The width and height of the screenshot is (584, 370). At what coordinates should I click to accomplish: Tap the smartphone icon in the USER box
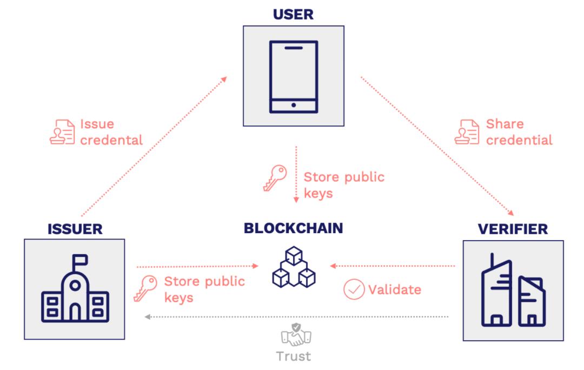click(294, 76)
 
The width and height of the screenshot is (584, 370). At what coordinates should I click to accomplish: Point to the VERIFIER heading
click(513, 229)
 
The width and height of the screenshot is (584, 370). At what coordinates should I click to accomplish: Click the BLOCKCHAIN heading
click(293, 228)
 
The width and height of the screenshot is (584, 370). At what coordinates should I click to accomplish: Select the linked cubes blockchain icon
click(293, 268)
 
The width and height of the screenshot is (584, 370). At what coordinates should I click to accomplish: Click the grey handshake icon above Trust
click(294, 334)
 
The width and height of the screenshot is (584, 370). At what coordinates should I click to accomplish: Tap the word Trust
click(294, 356)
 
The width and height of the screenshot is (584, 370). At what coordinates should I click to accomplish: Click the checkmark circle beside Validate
click(354, 289)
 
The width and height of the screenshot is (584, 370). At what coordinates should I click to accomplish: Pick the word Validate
click(395, 289)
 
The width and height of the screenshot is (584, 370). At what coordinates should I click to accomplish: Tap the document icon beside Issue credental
click(62, 131)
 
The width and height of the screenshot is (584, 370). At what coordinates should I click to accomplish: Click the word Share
click(505, 124)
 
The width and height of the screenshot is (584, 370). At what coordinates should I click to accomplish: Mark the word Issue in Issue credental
click(97, 124)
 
